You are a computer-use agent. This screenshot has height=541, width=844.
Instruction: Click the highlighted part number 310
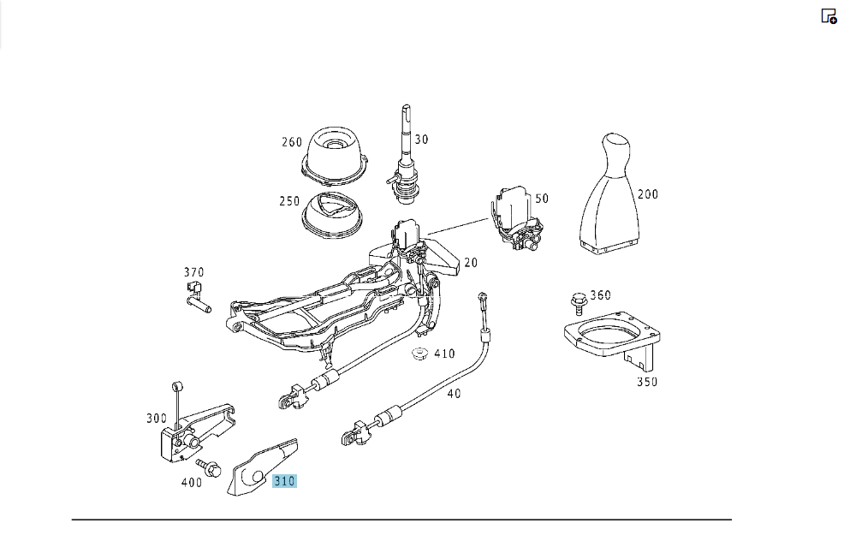coord(284,481)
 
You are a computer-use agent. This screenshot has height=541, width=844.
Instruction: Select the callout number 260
coord(292,142)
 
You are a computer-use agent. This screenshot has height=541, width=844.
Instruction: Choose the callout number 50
coord(542,199)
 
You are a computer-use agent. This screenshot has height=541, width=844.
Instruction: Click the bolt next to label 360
coord(579,303)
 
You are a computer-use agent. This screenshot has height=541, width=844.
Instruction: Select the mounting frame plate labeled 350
coord(613,339)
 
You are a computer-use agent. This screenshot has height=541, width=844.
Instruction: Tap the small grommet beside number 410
coord(419,354)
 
